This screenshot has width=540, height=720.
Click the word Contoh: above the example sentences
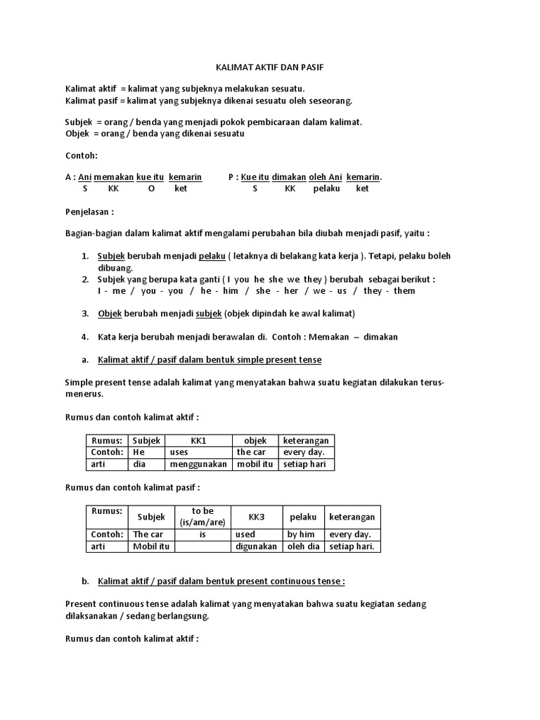(81, 155)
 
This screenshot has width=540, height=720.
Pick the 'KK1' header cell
(198, 440)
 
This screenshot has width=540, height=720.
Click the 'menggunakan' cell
(198, 464)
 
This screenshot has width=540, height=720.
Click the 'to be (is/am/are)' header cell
(202, 516)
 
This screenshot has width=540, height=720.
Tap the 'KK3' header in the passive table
(257, 517)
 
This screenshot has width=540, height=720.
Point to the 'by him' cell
(301, 534)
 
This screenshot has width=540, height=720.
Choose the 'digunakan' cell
(257, 546)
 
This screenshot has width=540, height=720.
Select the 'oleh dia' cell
(304, 546)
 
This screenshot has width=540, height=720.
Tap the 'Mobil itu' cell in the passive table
(151, 546)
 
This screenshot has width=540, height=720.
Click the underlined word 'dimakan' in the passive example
(289, 177)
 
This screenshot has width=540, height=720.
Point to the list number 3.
(85, 313)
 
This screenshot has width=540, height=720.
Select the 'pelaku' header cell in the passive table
(304, 517)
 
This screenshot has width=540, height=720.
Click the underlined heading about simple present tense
(210, 359)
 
